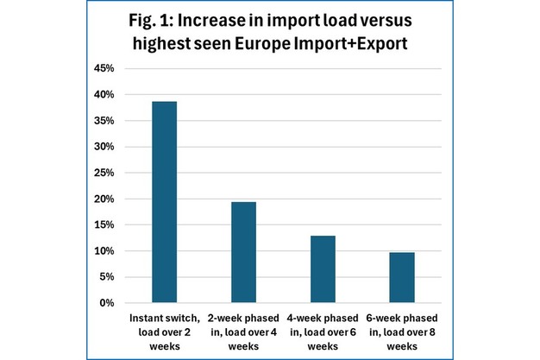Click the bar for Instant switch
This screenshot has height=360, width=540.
tap(165, 202)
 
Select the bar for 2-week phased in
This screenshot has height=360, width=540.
tap(243, 252)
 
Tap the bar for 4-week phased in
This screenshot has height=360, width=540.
tap(323, 269)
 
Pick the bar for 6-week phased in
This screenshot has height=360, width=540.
tap(402, 278)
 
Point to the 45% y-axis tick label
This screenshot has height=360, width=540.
tap(104, 68)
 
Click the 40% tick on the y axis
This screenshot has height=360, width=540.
tap(104, 94)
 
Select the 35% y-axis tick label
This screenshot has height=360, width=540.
tap(104, 121)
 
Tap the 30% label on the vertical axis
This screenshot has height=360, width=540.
tap(104, 147)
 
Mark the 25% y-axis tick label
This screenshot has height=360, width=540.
tap(104, 173)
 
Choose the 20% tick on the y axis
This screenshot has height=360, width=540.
tap(104, 199)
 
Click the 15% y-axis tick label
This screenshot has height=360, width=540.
tap(104, 224)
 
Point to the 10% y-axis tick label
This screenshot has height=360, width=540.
tap(104, 251)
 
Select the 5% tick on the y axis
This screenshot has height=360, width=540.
tap(106, 277)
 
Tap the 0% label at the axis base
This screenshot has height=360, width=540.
tap(106, 303)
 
